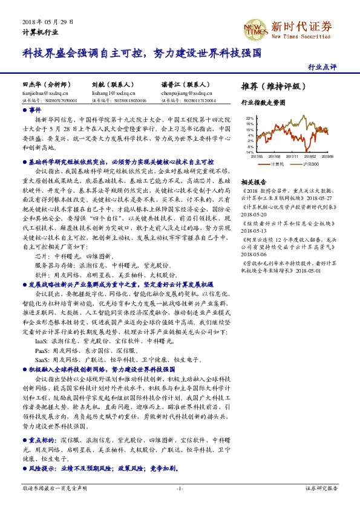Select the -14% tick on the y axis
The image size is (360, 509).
(249, 152)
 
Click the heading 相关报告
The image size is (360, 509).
(254, 181)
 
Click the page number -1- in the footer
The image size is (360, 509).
(180, 487)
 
